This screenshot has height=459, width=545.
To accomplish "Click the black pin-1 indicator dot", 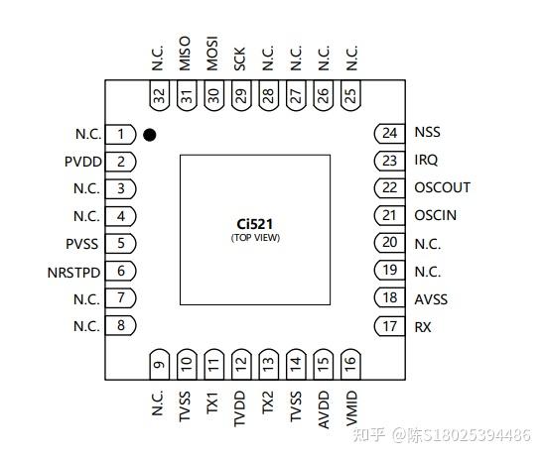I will [x=149, y=134].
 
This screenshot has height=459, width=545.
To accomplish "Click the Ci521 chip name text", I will [x=255, y=225].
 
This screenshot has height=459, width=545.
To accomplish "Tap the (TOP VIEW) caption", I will [x=255, y=239].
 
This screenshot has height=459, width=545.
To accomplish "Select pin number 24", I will [x=389, y=133].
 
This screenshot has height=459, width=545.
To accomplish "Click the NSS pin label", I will [x=427, y=133].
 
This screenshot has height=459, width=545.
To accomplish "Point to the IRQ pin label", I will [x=426, y=160].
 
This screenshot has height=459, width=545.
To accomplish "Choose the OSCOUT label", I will [x=442, y=187].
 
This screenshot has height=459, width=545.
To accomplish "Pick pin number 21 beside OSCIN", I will [x=389, y=215].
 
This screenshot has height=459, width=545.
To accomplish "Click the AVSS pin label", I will [x=430, y=298].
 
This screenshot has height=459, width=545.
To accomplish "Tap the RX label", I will [x=423, y=326].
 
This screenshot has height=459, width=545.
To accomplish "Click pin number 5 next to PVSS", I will [x=120, y=243].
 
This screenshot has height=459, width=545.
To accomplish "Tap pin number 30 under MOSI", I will [x=213, y=96].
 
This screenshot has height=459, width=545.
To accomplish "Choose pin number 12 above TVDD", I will [x=241, y=365].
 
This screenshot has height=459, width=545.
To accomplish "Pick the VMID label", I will [x=351, y=407].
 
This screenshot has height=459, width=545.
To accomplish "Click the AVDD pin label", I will [x=324, y=407].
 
